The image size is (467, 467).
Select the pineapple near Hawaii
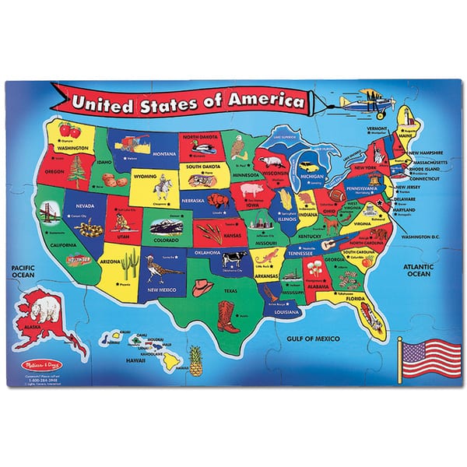195,359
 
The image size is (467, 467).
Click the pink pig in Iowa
253,191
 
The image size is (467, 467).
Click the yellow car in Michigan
310,165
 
